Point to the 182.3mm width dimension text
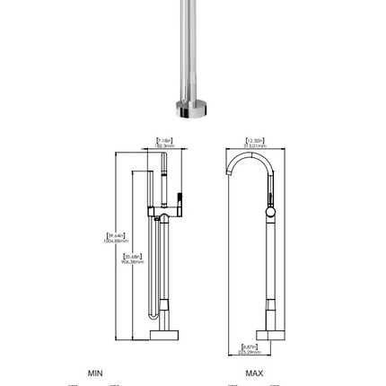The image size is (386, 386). pyautogui.click(x=165, y=145)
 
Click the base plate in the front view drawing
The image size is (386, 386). pyautogui.click(x=164, y=335)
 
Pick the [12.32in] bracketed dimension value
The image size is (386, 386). pyautogui.click(x=254, y=139)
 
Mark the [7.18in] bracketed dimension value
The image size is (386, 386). pyautogui.click(x=165, y=139)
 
